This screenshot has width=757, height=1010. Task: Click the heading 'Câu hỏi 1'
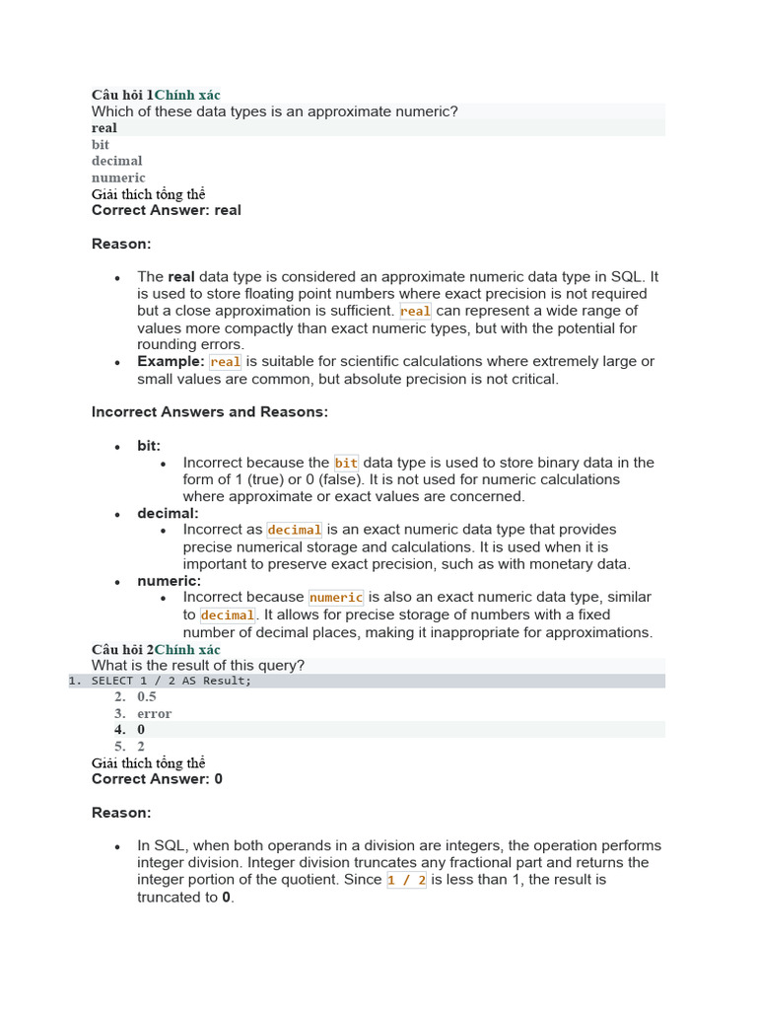click(122, 95)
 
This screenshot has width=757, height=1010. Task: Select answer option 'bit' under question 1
click(101, 144)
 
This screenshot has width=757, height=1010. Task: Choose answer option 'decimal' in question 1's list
click(117, 161)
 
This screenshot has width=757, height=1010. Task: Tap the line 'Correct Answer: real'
click(167, 210)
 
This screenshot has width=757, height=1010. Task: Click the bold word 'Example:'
click(171, 362)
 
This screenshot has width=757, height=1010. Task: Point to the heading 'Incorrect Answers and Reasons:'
click(210, 412)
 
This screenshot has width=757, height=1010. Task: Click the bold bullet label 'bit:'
click(149, 446)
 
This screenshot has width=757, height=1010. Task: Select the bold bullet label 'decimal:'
click(168, 513)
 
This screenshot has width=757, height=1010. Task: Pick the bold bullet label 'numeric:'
click(169, 581)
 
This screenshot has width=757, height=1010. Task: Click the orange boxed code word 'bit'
click(346, 463)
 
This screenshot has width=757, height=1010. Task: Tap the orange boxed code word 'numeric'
click(336, 598)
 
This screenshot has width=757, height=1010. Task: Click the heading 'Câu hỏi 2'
click(122, 649)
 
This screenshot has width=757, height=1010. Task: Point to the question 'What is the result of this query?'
click(198, 666)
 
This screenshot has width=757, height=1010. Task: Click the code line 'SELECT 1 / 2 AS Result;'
click(172, 681)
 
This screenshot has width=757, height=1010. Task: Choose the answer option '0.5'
click(147, 697)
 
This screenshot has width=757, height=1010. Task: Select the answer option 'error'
click(155, 713)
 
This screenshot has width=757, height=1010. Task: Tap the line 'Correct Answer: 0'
click(158, 779)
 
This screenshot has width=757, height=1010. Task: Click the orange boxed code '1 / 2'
click(406, 880)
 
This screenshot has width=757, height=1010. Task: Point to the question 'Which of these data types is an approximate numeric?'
click(275, 111)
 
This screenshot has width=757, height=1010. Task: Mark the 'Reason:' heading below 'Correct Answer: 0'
click(121, 813)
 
